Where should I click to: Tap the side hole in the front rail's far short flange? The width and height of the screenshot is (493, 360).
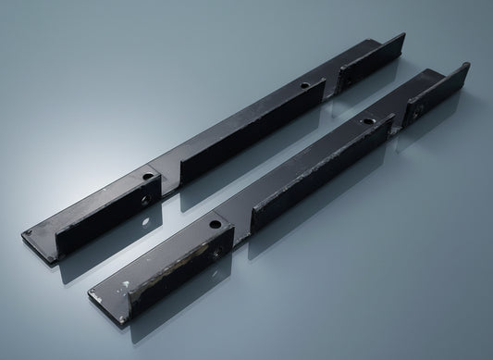coord(418,108)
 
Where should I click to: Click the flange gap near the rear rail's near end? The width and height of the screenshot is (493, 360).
coord(169,178)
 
